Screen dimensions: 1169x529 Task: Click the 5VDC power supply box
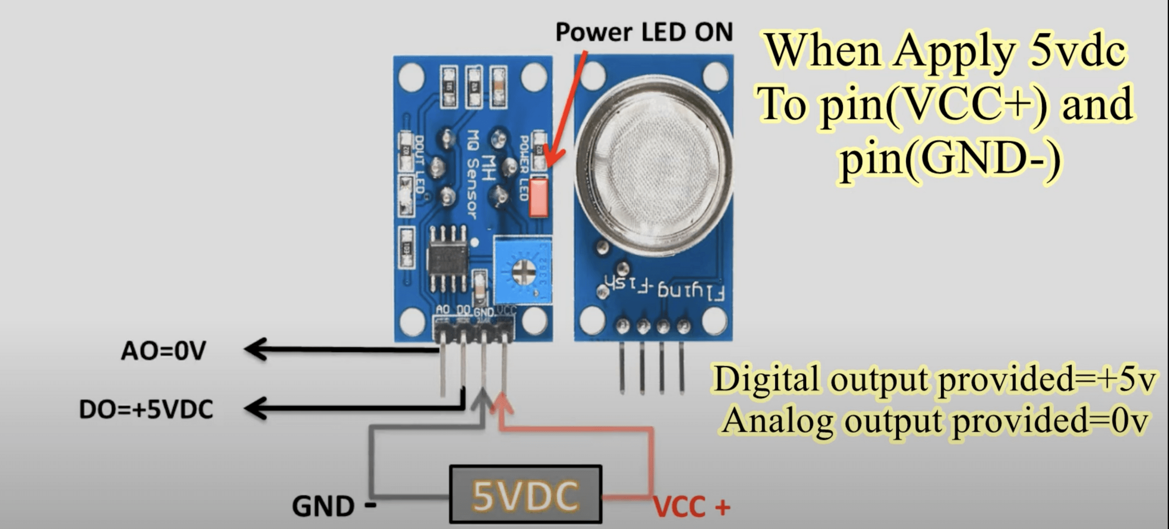pyautogui.click(x=525, y=494)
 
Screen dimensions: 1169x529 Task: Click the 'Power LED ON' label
pyautogui.click(x=644, y=32)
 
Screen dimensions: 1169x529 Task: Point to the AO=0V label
pyautogui.click(x=163, y=351)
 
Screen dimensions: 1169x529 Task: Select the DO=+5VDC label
pyautogui.click(x=146, y=409)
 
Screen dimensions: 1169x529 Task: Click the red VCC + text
pyautogui.click(x=691, y=507)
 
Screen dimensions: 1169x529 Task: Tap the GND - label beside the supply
pyautogui.click(x=333, y=506)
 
